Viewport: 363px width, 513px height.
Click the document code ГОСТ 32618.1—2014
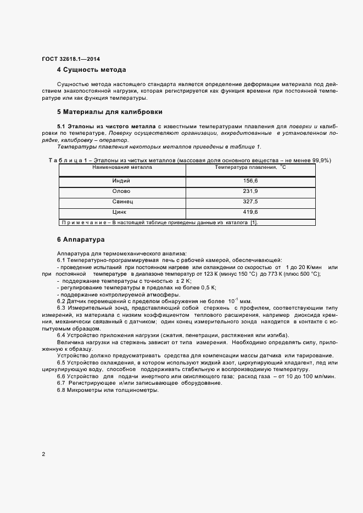click(71, 59)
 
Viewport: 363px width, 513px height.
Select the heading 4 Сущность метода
click(92, 70)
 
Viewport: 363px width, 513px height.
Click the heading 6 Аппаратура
click(81, 240)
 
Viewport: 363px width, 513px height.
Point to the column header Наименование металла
click(122, 167)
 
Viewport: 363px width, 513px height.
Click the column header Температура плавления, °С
click(250, 167)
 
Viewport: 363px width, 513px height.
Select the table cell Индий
click(121, 180)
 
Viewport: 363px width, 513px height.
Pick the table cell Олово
click(121, 191)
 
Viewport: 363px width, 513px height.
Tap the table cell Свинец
click(121, 202)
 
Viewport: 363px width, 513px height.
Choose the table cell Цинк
click(120, 212)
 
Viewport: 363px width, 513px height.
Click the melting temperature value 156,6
click(250, 180)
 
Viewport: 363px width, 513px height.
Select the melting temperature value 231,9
click(250, 191)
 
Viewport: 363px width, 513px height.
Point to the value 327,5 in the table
click(250, 202)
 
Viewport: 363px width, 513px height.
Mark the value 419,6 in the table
click(250, 212)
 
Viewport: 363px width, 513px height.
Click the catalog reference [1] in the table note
click(254, 223)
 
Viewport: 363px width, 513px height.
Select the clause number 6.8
click(62, 390)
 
